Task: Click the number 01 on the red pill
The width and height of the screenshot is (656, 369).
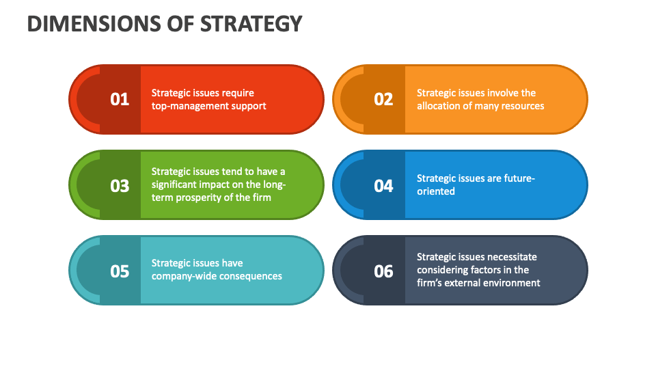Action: click(120, 99)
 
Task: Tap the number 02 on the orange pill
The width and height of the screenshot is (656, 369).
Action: click(383, 99)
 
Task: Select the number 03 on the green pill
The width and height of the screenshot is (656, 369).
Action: click(120, 185)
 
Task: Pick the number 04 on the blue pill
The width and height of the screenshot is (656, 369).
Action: click(383, 185)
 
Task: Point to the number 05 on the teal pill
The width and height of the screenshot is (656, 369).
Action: click(120, 271)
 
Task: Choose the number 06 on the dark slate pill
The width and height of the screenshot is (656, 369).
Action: click(383, 271)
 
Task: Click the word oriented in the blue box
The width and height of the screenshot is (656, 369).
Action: click(436, 191)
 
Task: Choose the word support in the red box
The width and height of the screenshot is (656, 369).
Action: click(249, 106)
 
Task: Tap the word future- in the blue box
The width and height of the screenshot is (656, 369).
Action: click(520, 178)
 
